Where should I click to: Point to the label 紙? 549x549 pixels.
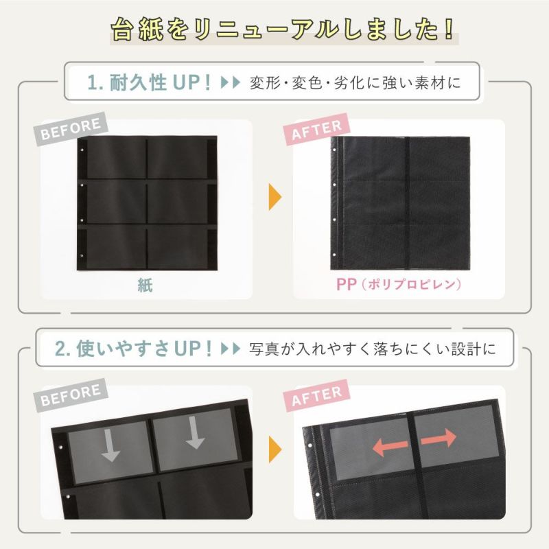[144, 285]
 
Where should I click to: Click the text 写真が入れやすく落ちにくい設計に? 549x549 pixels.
[373, 349]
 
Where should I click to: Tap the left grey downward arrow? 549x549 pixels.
[110, 447]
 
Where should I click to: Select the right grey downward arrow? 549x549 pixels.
[195, 436]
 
